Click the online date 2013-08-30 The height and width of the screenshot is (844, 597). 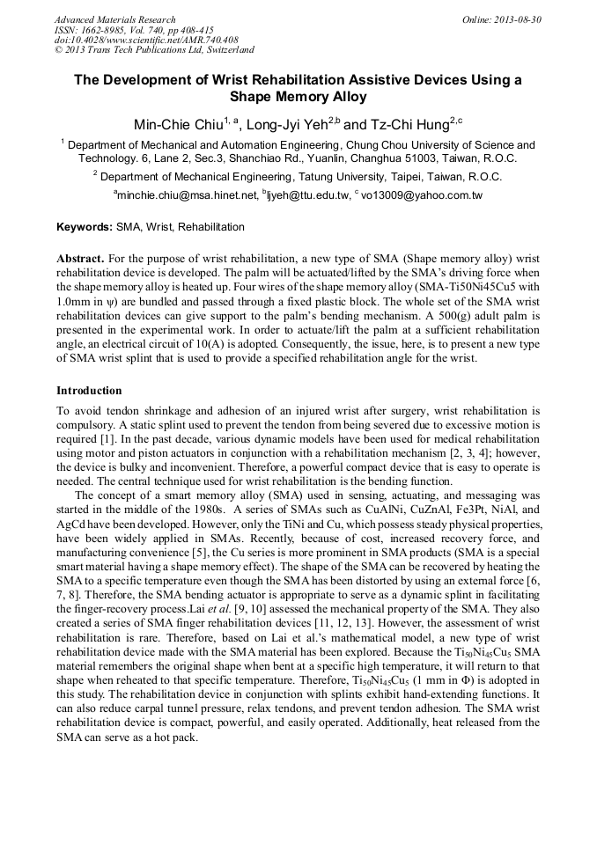point(520,19)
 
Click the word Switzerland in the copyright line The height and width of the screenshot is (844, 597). point(226,51)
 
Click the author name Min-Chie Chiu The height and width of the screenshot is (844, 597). point(173,124)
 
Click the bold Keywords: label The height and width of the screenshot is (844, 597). point(85,227)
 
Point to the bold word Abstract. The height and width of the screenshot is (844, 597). point(80,260)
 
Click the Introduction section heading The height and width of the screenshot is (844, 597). point(89,391)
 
